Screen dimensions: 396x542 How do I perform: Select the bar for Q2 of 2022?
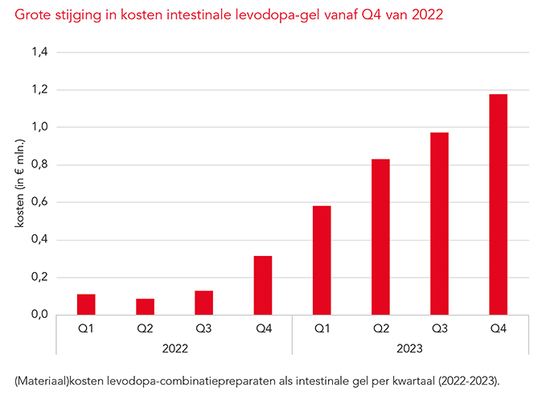point(145,307)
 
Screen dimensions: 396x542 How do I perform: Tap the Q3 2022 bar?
point(203,303)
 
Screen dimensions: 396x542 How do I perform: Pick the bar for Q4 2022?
point(263,285)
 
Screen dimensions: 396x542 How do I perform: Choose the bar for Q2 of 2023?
point(380,237)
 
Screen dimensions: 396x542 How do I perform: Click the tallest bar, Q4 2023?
point(498,204)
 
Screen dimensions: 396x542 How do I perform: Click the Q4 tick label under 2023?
point(498,328)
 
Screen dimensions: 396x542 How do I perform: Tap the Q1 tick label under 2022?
point(86,328)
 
